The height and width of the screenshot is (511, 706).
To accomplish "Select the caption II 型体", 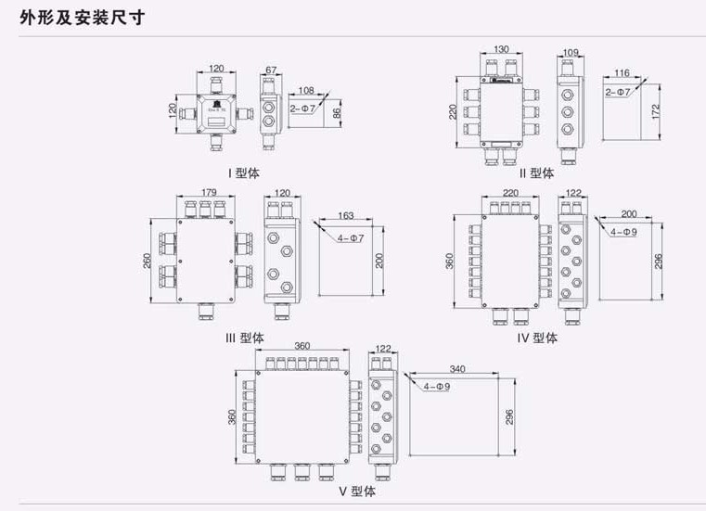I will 537,172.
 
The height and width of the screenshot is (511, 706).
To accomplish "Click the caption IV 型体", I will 538,338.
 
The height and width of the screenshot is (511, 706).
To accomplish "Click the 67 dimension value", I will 271,70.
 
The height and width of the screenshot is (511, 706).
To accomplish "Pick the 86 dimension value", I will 337,112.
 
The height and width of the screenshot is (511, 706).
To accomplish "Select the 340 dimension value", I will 455,369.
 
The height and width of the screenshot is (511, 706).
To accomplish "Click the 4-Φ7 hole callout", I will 352,238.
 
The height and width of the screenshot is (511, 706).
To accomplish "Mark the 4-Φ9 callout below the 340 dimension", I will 435,386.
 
